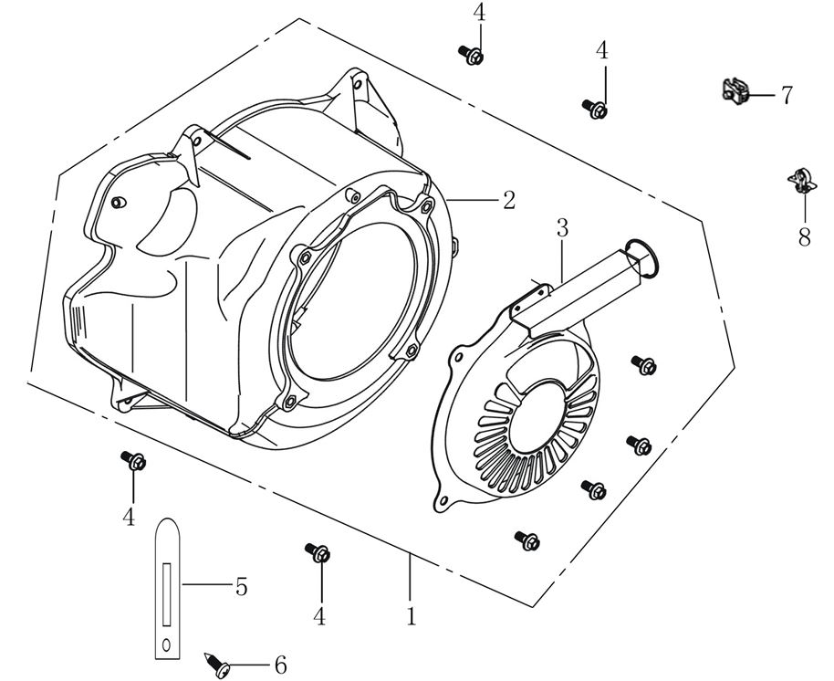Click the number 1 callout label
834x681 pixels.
pos(412,616)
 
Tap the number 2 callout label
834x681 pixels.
pos(508,200)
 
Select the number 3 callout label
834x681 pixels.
pos(562,227)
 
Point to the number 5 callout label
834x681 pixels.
pos(241,587)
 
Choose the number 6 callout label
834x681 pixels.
pos(280,665)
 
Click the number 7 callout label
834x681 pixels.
pos(786,94)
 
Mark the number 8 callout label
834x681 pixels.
pos(804,237)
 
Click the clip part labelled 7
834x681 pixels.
pos(734,90)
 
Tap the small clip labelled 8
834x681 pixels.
pos(800,180)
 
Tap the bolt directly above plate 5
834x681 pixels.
pos(134,460)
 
